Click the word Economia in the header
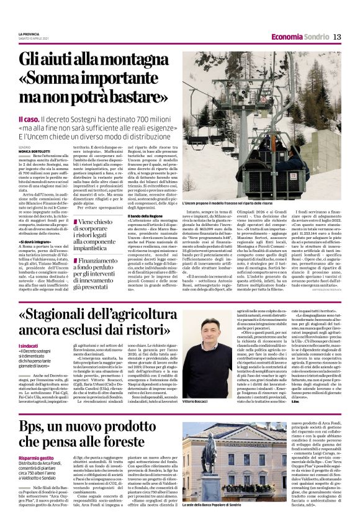point(288,37)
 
